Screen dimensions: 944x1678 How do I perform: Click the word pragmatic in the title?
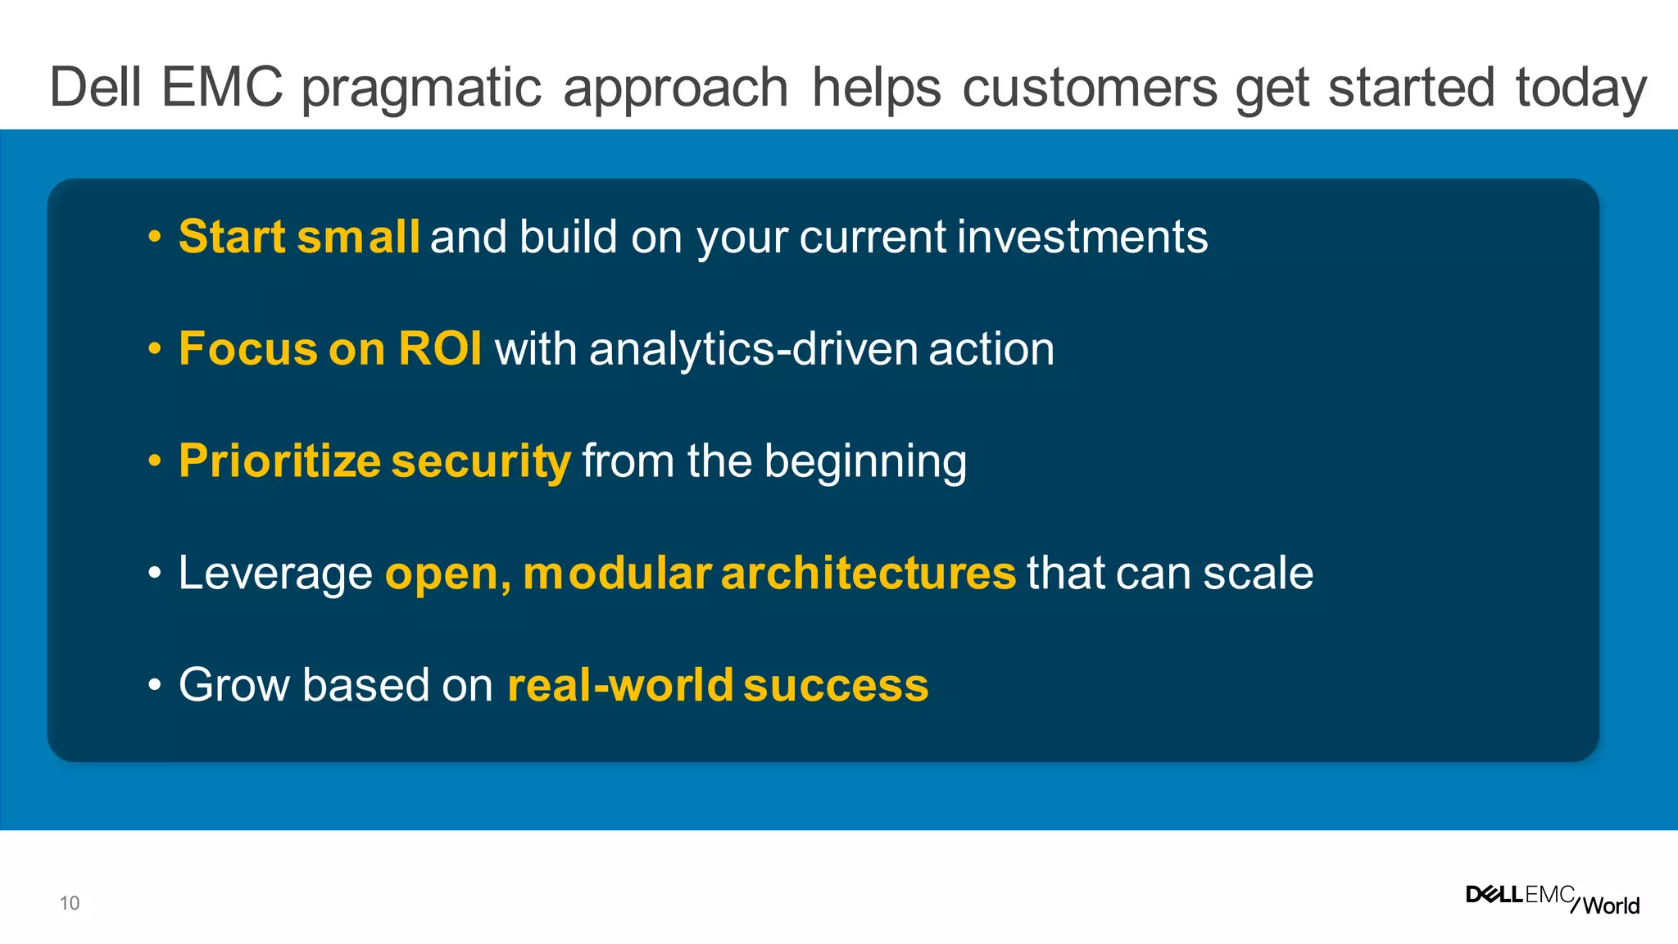421,88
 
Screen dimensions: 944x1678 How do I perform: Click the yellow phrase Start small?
299,237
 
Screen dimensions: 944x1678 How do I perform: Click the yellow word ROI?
440,348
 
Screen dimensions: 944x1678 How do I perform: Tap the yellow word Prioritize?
279,461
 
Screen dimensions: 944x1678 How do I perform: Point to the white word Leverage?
275,574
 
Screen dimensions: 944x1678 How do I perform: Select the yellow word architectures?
868,573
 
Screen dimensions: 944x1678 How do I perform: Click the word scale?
1258,573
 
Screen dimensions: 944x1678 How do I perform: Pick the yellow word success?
836,686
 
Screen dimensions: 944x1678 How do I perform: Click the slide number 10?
70,903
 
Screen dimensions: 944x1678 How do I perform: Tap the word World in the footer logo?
1611,905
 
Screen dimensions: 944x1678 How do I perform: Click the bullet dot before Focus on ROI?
155,350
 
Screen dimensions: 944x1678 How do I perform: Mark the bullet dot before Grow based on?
155,686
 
